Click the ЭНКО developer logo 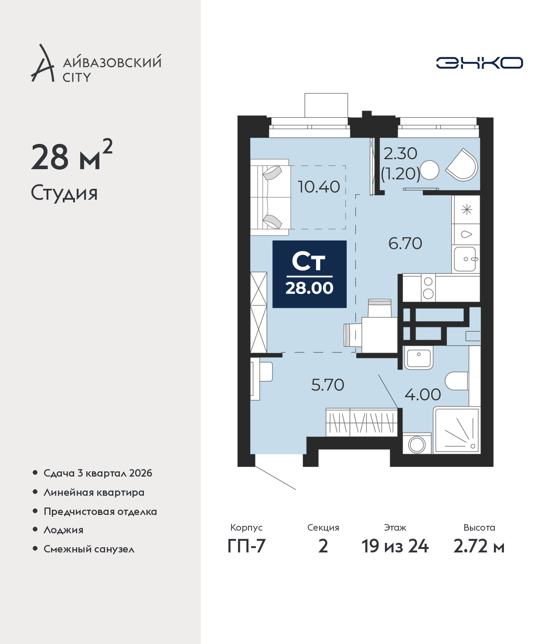pos(479,63)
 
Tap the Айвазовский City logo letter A pos(43,63)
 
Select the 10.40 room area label pos(319,187)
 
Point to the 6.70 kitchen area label pos(405,243)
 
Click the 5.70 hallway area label pos(328,385)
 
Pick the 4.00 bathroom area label pos(422,395)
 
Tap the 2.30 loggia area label pos(400,153)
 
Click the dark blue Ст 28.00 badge pos(310,274)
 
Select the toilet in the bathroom pos(457,381)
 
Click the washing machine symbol pos(417,443)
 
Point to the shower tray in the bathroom pos(457,430)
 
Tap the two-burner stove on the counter pos(429,288)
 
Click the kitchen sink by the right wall pos(466,259)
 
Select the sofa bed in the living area pos(270,197)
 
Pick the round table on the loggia pos(429,170)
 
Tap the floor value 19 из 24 pos(395,546)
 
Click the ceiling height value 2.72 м pos(479,546)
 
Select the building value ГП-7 pos(246,546)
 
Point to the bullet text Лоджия pos(64,530)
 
